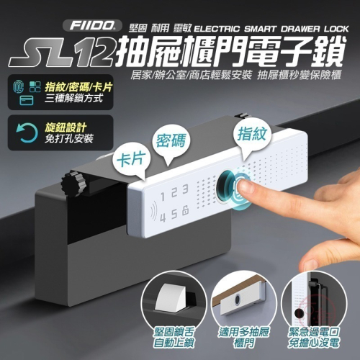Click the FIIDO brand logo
(92, 25)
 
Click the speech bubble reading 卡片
(131, 161)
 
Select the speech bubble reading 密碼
(171, 143)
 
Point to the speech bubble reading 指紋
(252, 136)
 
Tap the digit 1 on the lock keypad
(163, 197)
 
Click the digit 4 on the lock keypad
(163, 217)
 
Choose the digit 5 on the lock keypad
(174, 215)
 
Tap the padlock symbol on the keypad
(186, 211)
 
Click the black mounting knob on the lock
(73, 184)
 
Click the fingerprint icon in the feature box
(19, 86)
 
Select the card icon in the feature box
(27, 101)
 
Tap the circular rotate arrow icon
(27, 132)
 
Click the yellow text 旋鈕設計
(66, 127)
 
